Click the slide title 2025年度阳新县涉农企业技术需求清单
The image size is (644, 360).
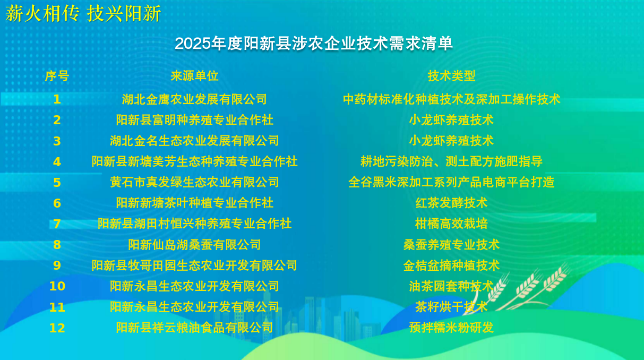tap(314, 44)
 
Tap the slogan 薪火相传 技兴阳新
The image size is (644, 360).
tap(83, 13)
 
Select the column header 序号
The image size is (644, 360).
tap(57, 76)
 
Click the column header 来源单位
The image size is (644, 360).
tap(195, 76)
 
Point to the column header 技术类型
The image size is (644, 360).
tap(451, 76)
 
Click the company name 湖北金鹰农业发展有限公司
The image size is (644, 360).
tap(195, 99)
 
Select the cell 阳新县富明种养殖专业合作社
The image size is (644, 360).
tap(195, 120)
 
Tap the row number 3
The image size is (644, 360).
tap(57, 141)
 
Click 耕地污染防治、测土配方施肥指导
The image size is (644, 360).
tap(451, 161)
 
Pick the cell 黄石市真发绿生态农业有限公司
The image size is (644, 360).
tap(195, 182)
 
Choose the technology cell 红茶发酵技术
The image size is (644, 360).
tap(451, 203)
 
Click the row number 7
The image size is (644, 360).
tap(57, 224)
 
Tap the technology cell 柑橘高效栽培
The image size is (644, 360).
tap(451, 224)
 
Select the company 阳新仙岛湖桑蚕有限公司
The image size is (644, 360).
tap(195, 245)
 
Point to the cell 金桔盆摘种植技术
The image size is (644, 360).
tap(451, 265)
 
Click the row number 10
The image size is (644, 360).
tap(57, 286)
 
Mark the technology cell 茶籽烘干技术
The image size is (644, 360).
tap(451, 307)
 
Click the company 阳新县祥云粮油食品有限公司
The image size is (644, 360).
tap(195, 328)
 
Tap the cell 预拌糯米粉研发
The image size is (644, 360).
tap(451, 328)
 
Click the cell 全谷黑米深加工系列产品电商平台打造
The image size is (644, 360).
tap(451, 182)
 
